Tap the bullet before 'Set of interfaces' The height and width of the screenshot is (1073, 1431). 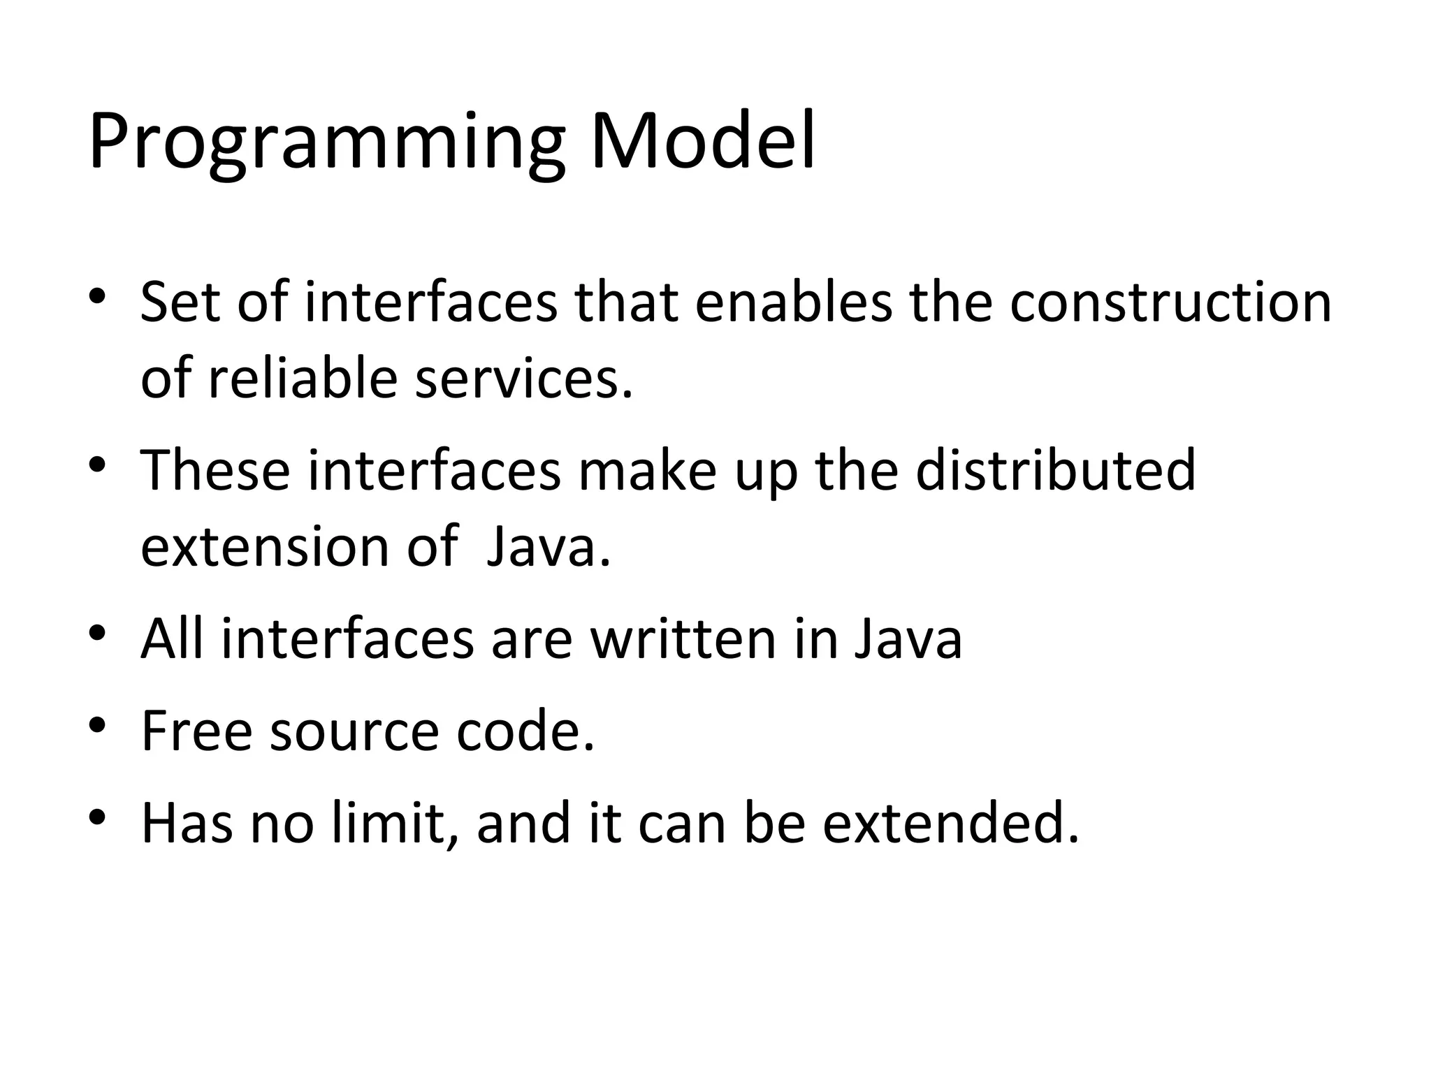coord(97,296)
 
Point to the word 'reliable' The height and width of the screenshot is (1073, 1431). coord(303,379)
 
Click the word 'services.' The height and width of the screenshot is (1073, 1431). coord(524,379)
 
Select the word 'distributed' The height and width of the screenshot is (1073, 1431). coord(1055,470)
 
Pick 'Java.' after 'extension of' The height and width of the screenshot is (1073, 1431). coord(549,546)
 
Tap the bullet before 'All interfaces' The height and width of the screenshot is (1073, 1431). coord(97,632)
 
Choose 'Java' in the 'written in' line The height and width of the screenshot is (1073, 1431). coord(908,638)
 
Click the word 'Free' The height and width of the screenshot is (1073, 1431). coord(196,731)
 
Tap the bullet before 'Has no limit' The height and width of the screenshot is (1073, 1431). coord(97,816)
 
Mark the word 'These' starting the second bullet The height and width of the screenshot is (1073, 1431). coord(215,470)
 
